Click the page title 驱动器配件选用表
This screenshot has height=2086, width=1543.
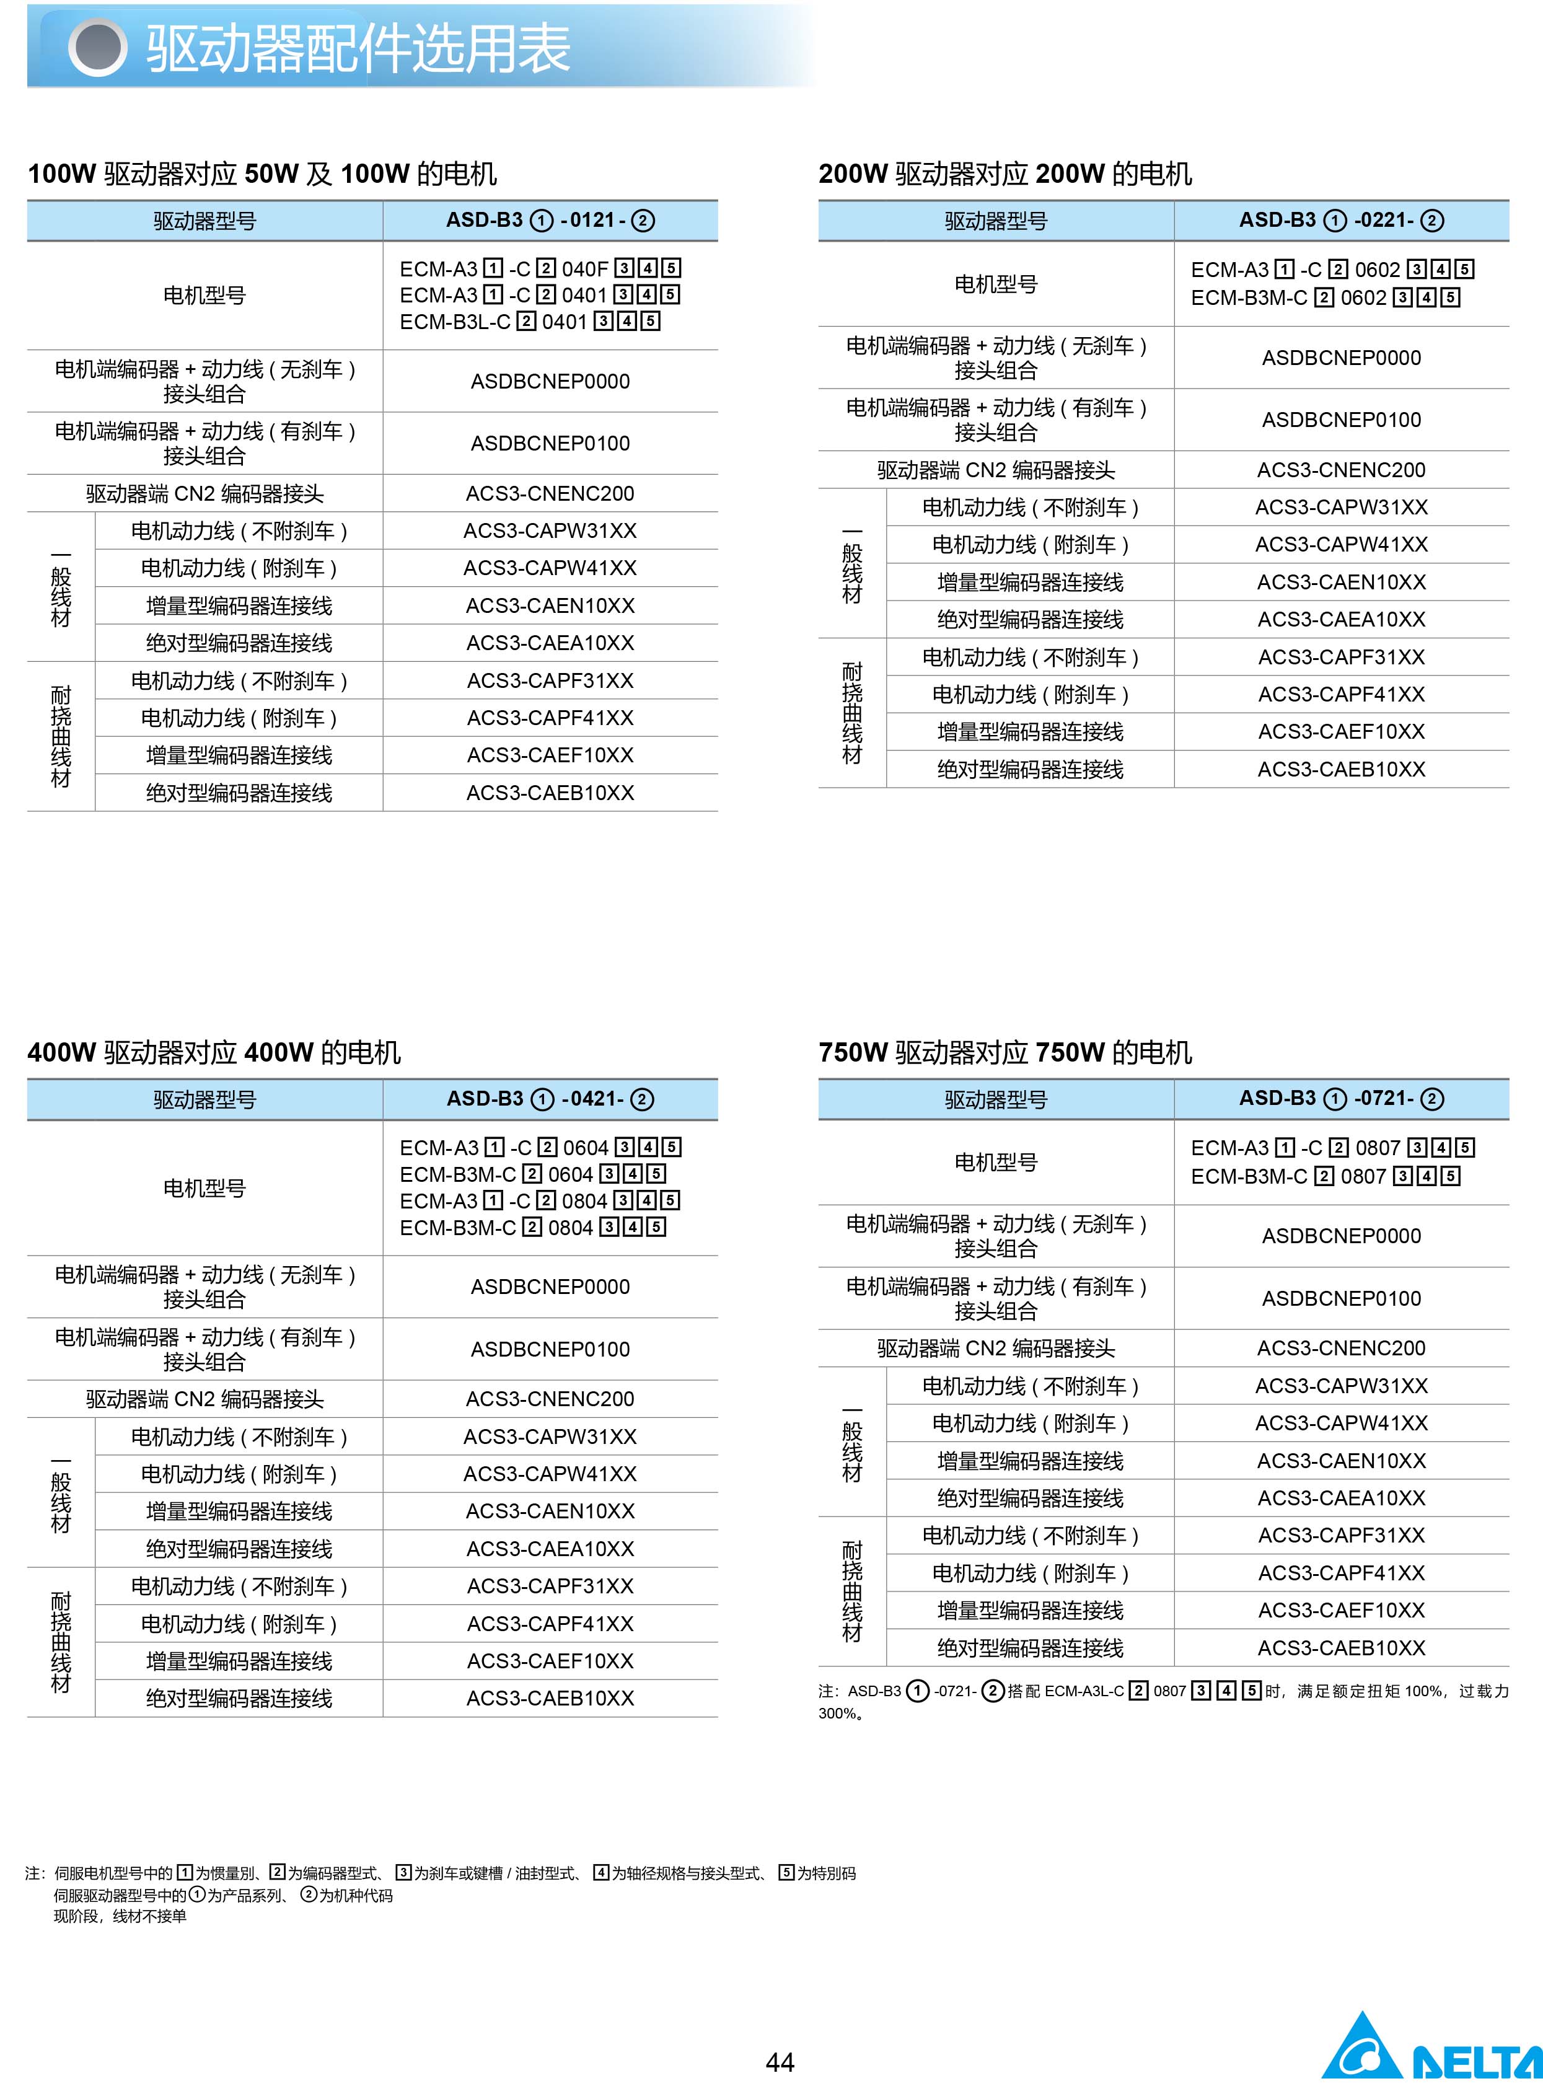[x=358, y=48]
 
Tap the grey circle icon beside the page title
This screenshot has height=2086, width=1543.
[x=97, y=48]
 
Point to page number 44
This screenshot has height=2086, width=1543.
[x=780, y=2061]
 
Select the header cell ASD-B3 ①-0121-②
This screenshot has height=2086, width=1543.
[x=550, y=221]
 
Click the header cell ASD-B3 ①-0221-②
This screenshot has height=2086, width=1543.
[x=1340, y=221]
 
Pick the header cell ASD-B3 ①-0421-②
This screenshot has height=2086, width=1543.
[x=550, y=1099]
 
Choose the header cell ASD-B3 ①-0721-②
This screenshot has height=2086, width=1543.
[x=1340, y=1099]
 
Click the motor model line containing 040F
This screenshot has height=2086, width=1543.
[x=540, y=269]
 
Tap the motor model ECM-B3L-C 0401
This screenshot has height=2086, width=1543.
[x=530, y=322]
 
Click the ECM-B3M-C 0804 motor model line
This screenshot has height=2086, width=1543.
[x=532, y=1228]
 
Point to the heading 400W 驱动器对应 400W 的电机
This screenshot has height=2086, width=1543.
[x=214, y=1053]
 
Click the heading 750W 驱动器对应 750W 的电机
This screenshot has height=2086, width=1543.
[x=1005, y=1053]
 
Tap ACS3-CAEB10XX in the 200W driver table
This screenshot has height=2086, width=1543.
[x=1341, y=770]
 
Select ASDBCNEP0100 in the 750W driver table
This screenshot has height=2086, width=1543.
[x=1341, y=1298]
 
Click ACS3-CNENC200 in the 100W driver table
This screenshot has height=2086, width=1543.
[x=550, y=493]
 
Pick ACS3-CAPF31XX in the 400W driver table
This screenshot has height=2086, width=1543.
[x=550, y=1587]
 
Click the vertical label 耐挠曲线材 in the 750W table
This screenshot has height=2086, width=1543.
[x=852, y=1591]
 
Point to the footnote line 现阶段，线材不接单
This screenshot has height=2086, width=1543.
[x=120, y=1916]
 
